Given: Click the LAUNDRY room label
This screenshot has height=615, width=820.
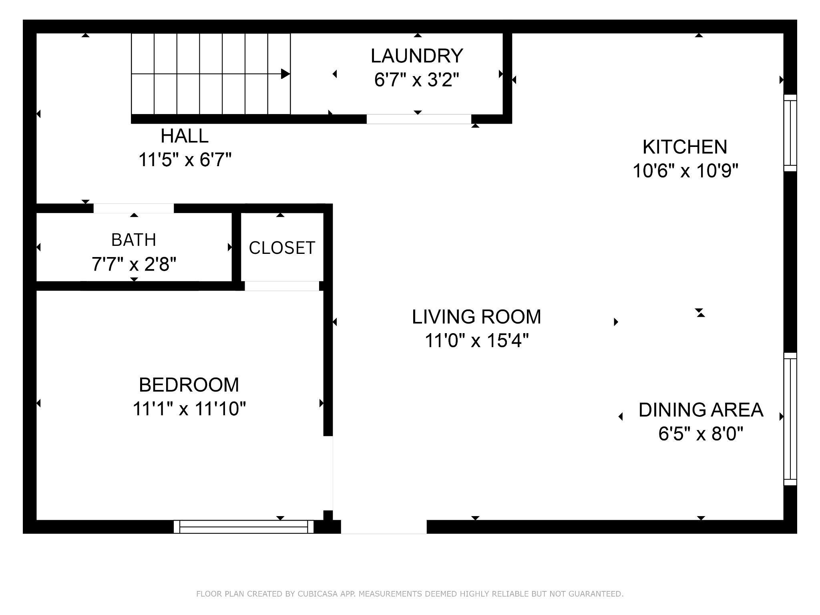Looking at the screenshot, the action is point(417,56).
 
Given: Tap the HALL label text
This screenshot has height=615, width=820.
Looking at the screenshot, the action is point(185,136).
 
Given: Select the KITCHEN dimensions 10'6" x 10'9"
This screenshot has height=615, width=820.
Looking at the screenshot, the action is point(685,171).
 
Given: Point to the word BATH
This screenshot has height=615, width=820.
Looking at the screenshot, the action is point(134,240).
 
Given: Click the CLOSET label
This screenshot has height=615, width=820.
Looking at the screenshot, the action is point(282,248).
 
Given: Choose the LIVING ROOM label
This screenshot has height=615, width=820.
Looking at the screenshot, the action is point(476,317).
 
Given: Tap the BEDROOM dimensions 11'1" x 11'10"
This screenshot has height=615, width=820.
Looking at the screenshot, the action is point(189,409).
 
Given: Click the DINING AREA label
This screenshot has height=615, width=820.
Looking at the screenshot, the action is point(701,410).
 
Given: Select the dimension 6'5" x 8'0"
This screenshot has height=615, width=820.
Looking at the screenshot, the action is point(701,434).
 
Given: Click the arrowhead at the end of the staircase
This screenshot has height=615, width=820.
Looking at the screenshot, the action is point(285,74).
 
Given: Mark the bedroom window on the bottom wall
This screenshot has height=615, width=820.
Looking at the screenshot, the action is point(243,527).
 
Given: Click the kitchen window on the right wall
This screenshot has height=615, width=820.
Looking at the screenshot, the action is point(790,133).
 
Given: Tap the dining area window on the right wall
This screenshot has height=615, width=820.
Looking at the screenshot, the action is point(790,419).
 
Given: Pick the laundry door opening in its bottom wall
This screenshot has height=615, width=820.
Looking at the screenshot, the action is point(419,119).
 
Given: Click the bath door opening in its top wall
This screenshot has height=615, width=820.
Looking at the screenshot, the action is point(134,208).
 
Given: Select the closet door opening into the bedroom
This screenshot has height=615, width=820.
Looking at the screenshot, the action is point(282,286).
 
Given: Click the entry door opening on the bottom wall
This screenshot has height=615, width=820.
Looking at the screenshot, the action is point(384,527).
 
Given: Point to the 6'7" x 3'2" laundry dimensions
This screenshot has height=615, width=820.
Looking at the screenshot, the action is point(416,80).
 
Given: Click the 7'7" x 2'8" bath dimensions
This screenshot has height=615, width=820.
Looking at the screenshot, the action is point(134,264).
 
